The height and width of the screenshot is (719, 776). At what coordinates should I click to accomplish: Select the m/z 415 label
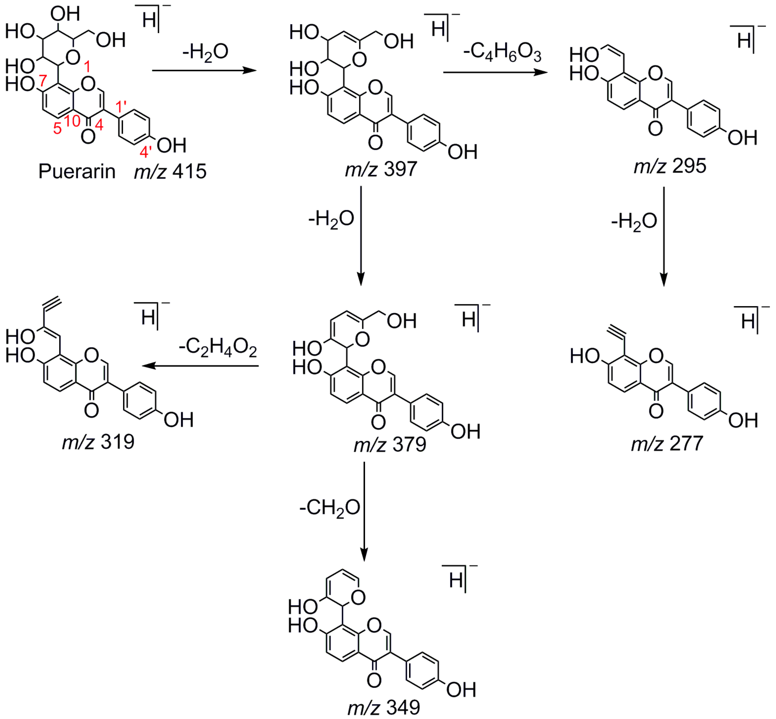(x=170, y=172)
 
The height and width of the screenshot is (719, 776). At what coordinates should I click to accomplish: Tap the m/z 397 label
(x=381, y=169)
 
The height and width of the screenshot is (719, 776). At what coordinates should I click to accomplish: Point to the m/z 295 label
(x=669, y=166)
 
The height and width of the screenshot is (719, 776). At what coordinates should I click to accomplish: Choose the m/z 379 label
(x=390, y=444)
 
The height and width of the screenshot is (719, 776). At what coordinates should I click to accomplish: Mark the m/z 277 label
(x=667, y=443)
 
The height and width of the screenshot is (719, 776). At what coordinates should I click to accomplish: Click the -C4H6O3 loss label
(x=502, y=53)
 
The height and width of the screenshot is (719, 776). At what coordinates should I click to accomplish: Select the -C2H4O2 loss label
(x=218, y=347)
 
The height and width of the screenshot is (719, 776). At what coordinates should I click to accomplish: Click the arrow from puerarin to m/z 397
(x=204, y=71)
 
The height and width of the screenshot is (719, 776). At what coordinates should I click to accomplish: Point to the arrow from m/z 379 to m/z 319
(x=200, y=366)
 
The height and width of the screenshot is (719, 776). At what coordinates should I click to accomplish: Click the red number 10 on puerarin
(x=72, y=121)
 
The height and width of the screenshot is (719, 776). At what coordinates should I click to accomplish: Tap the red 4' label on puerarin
(x=145, y=151)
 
